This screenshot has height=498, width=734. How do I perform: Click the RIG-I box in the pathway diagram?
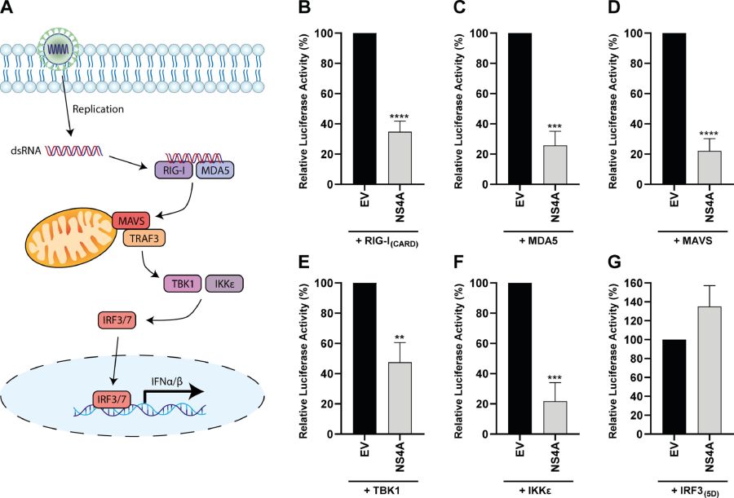174,170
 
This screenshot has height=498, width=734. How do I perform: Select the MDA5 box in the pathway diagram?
214,170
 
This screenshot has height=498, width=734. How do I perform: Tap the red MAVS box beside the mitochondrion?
131,220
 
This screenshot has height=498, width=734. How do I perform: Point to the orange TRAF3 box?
144,239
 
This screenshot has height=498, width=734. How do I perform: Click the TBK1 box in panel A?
183,284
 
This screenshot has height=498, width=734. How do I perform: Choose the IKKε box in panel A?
224,284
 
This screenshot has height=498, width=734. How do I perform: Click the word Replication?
99,109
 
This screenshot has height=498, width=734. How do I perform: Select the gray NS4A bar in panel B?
400,158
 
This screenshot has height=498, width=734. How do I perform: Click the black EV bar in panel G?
674,387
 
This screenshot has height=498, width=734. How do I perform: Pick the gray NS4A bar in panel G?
710,370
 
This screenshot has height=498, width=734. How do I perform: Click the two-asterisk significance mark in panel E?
400,337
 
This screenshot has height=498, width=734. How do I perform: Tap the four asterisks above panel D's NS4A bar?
709,134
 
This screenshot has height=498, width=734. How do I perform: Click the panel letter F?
458,262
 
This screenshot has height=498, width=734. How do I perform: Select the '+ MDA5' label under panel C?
538,241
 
